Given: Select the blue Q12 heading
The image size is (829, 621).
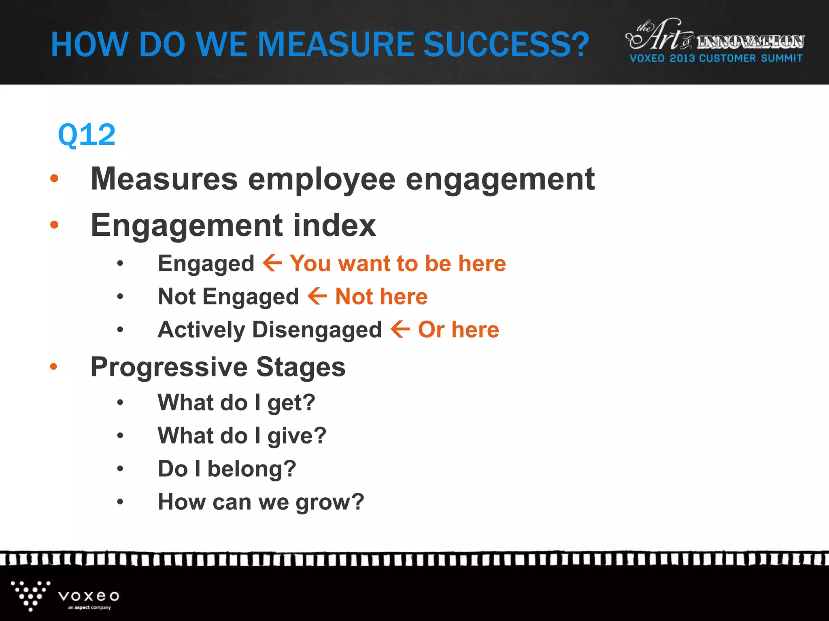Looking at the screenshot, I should tap(87, 135).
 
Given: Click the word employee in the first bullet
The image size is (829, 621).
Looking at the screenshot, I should tap(321, 179).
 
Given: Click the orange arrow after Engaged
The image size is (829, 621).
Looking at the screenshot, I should tap(272, 263).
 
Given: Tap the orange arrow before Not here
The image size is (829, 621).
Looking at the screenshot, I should tap(317, 296).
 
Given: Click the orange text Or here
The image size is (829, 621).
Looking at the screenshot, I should tap(458, 330).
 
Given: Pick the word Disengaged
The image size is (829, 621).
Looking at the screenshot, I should tap(317, 330).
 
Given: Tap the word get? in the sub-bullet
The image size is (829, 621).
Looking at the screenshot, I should tap(291, 403).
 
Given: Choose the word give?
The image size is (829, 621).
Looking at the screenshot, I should tap(297, 436).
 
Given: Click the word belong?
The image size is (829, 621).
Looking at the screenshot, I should tap(252, 469).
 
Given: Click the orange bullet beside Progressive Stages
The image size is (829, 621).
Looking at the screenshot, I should tap(53, 367).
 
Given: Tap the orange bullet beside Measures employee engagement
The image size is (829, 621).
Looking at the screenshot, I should tap(54, 178).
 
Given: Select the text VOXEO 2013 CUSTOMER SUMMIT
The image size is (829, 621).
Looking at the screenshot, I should tap(716, 59).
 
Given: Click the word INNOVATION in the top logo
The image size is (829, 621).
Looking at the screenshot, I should tap(750, 42).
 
